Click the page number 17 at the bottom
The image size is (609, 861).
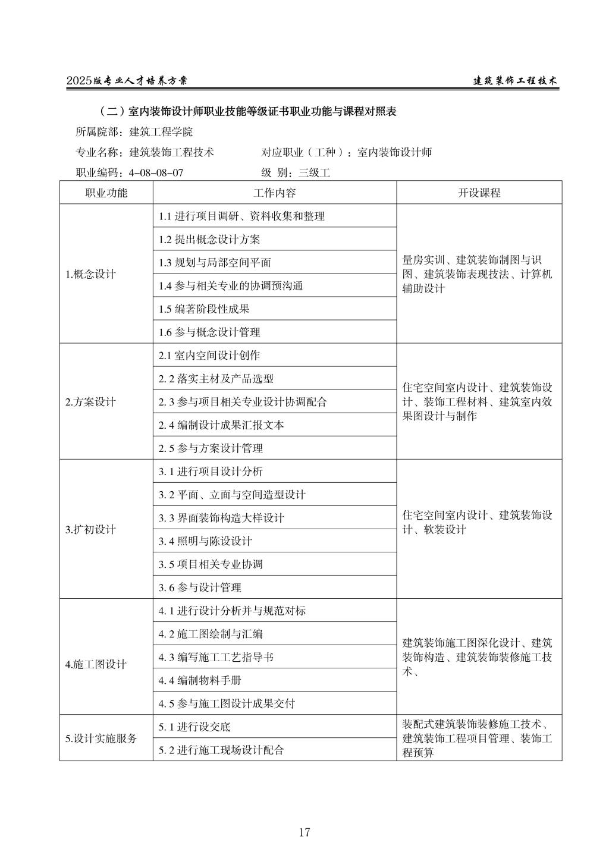304,832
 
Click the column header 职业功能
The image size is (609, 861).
106,193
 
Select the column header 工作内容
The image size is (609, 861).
274,193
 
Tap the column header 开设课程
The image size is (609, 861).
479,193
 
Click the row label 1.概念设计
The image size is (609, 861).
91,274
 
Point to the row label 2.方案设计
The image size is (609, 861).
91,401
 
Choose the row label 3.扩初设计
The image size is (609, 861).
90,529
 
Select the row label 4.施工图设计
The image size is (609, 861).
96,664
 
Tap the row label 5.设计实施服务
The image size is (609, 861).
101,739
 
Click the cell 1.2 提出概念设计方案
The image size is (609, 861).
209,240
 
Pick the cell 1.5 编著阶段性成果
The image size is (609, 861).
204,309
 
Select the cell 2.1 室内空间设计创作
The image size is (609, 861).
209,356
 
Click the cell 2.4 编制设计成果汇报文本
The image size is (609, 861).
221,425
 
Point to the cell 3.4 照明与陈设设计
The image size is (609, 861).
205,541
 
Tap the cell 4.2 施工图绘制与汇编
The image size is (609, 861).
211,634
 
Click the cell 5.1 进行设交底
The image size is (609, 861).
194,727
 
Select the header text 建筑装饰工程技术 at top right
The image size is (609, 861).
515,81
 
